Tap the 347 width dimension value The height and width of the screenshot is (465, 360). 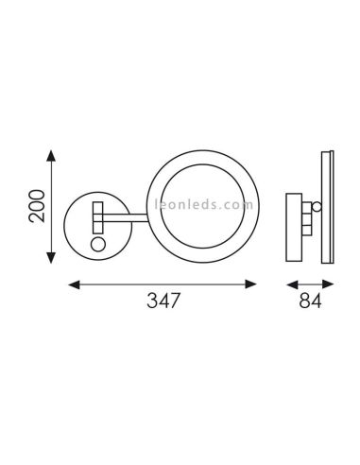coord(163,302)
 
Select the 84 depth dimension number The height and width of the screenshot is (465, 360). coord(309,302)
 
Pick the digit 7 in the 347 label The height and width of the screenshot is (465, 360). coord(175,302)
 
